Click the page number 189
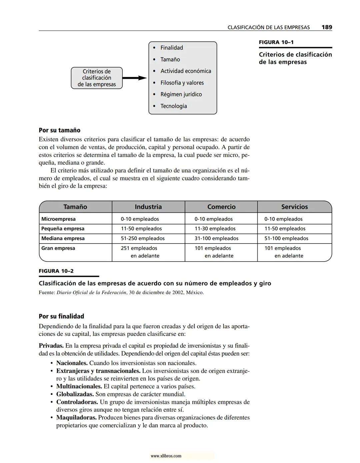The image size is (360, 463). (x=326, y=27)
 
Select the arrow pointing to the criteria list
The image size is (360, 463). (x=135, y=78)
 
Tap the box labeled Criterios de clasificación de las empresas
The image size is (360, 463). (x=97, y=78)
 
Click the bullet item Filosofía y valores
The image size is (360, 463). (x=182, y=83)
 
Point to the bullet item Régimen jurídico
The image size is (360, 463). (x=181, y=94)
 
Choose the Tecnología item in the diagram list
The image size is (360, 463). (x=173, y=106)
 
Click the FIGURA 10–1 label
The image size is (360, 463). (x=276, y=42)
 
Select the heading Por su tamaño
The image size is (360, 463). (x=59, y=130)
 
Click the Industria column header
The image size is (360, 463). (x=148, y=207)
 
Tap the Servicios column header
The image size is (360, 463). (x=294, y=207)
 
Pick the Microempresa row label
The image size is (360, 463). (x=58, y=219)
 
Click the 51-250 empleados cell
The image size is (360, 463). (x=143, y=239)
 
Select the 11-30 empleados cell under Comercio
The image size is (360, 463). (x=215, y=229)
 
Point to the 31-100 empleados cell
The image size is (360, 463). (x=216, y=239)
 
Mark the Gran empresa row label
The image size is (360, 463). (x=58, y=248)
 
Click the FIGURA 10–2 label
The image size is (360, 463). (x=56, y=271)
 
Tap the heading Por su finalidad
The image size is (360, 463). (x=61, y=316)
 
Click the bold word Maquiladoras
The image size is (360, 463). (x=76, y=418)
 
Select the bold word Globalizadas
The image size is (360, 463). (x=75, y=394)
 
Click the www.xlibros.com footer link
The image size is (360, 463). (x=166, y=456)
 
